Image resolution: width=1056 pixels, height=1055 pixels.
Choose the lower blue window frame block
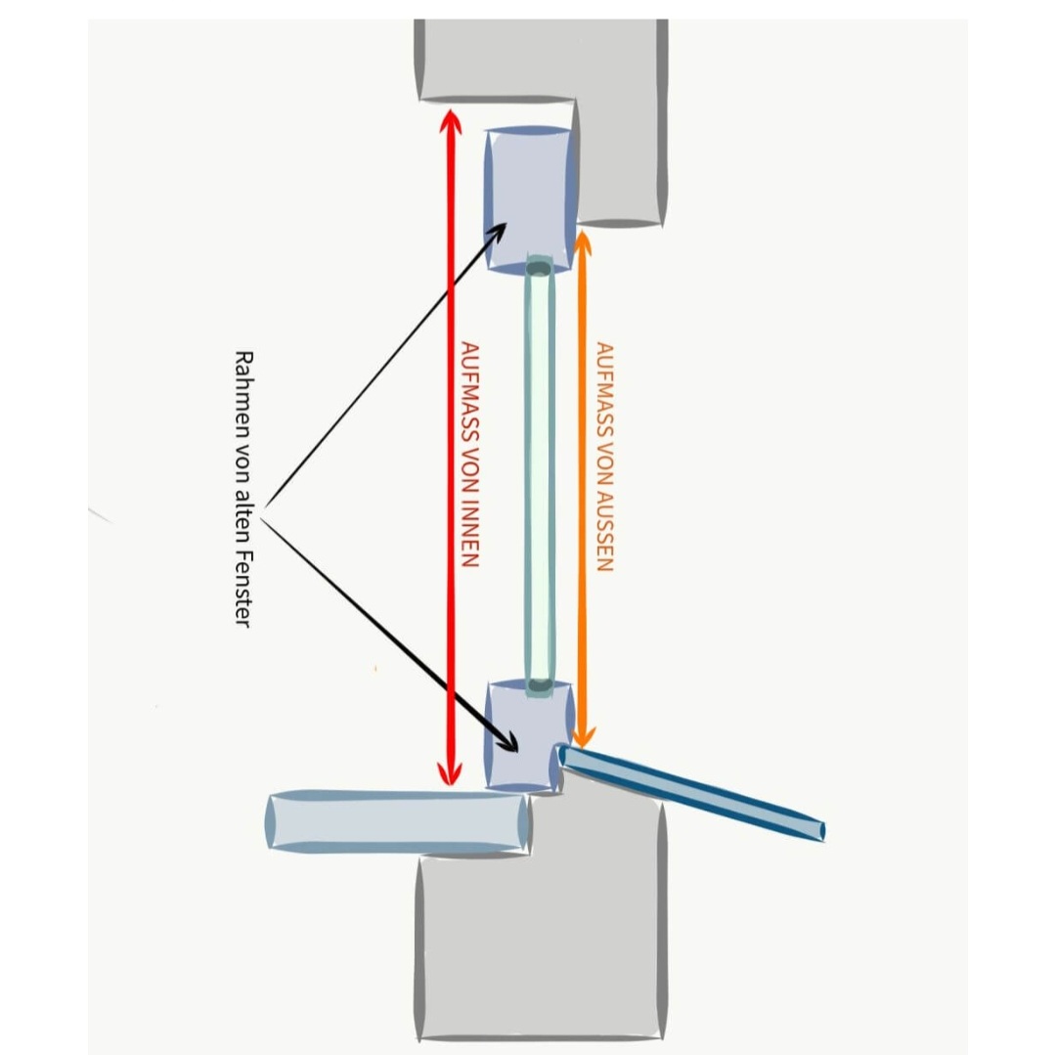point(528,735)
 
